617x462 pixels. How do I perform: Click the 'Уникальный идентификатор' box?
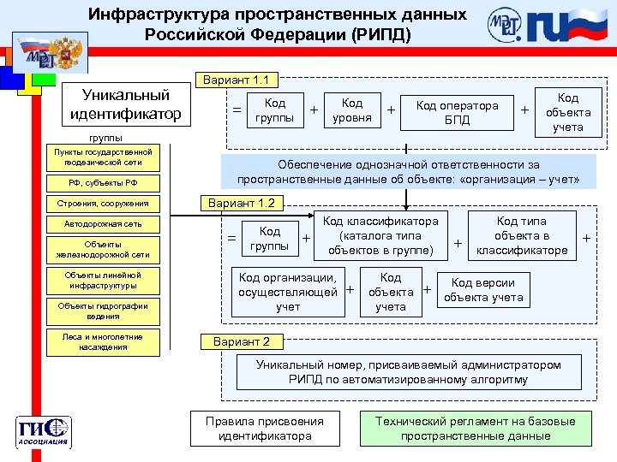[x=125, y=104]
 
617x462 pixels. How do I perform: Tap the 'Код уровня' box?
[x=351, y=110]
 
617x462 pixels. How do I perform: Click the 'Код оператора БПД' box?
[x=457, y=112]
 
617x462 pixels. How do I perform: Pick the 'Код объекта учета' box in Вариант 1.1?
[x=567, y=112]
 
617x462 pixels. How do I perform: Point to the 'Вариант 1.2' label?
[x=243, y=204]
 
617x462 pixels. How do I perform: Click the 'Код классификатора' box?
[x=380, y=236]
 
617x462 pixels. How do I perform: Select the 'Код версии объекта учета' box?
[x=483, y=290]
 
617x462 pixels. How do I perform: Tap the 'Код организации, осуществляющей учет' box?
[x=287, y=292]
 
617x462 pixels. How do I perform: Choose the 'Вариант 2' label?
[x=242, y=341]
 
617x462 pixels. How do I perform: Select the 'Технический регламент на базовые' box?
[x=475, y=428]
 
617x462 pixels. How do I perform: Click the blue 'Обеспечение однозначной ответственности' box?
[x=409, y=171]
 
